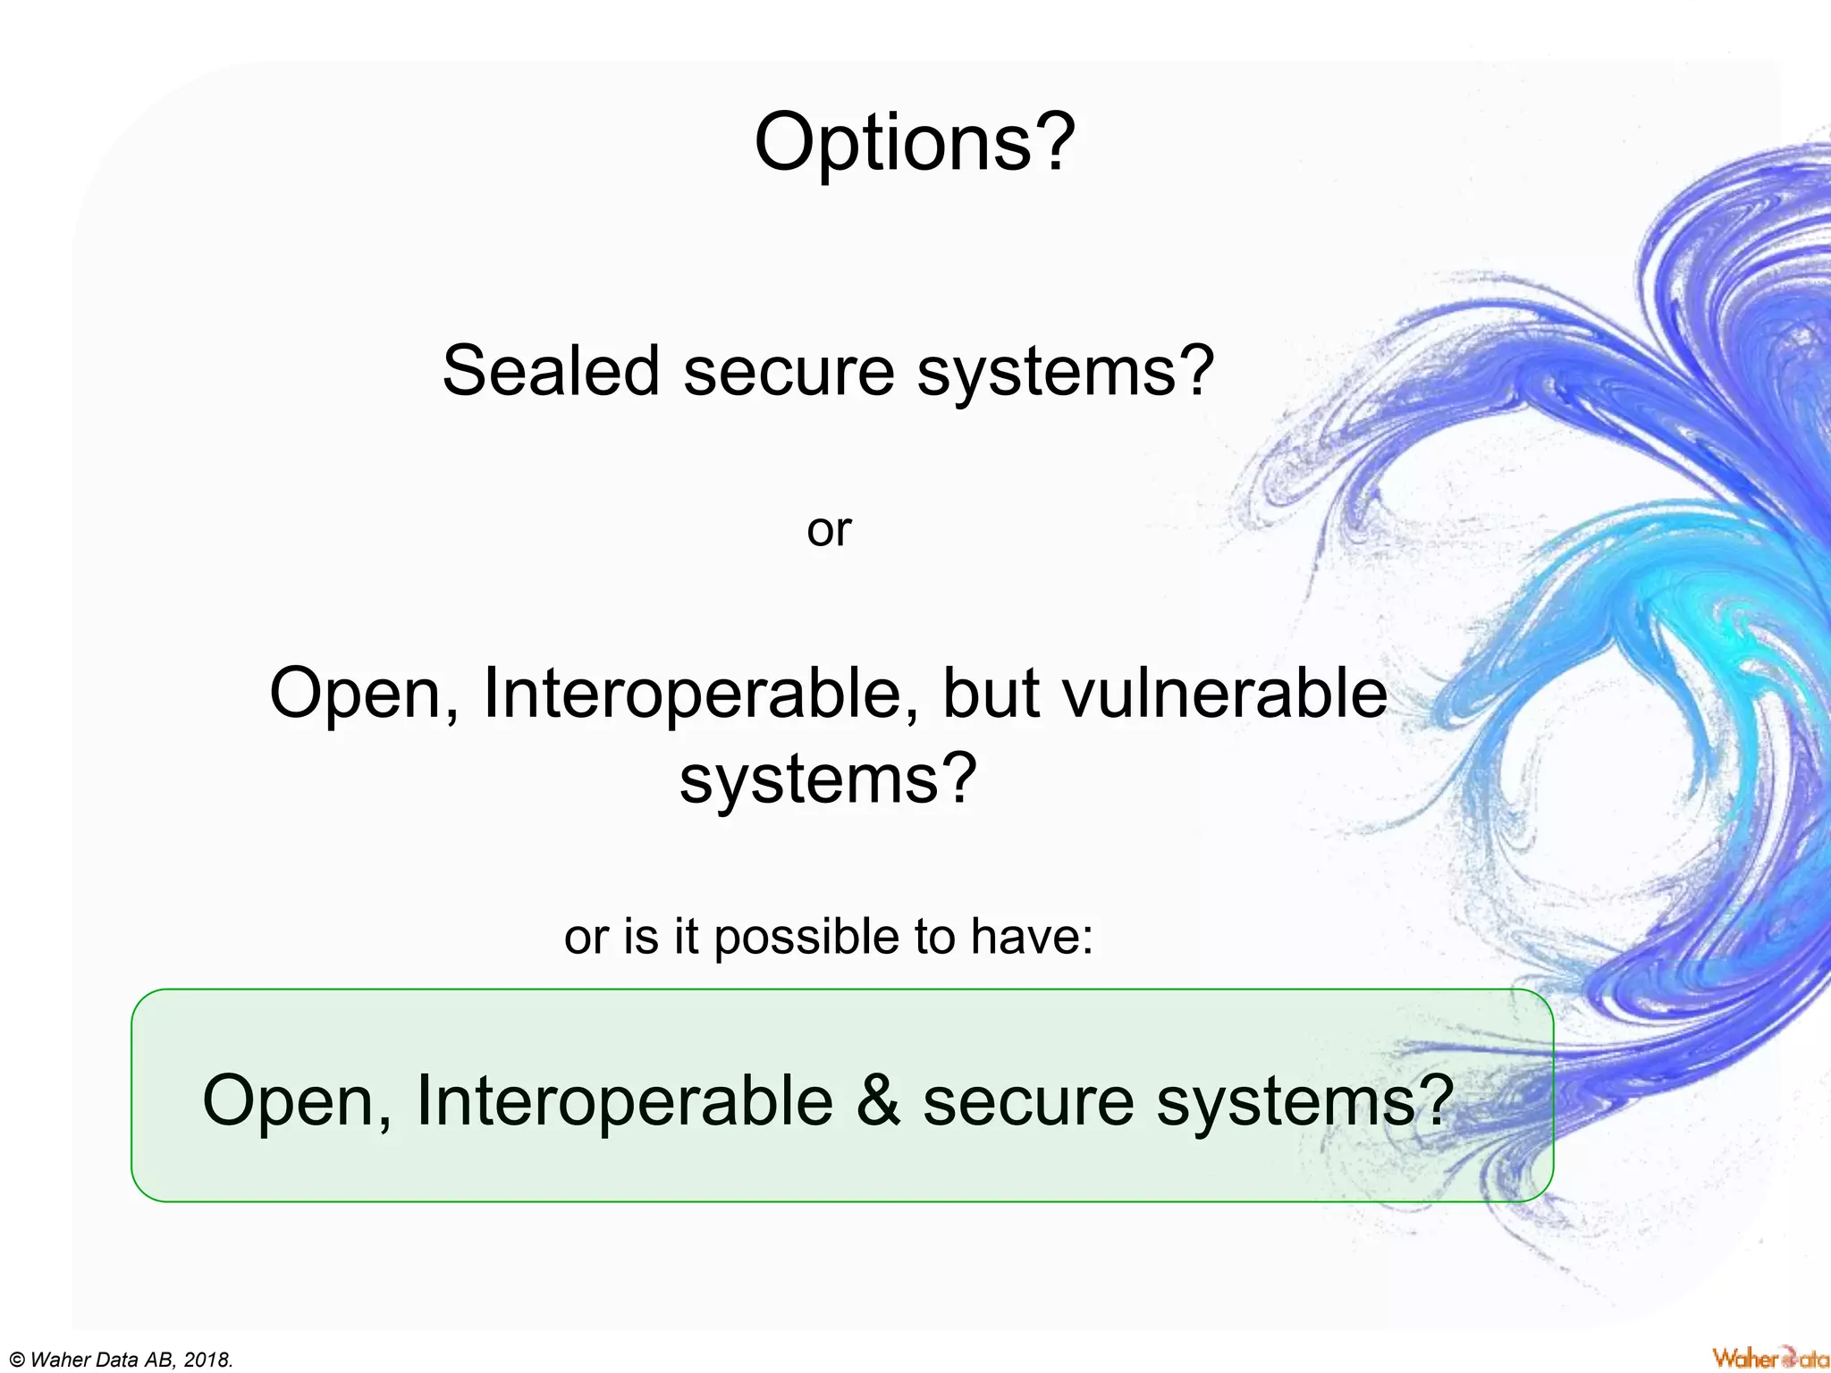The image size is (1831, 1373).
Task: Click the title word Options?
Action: pyautogui.click(x=915, y=143)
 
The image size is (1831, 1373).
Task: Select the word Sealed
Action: pyautogui.click(x=551, y=371)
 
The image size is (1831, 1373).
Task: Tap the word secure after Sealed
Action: pyautogui.click(x=789, y=371)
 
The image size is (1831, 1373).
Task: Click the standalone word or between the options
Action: pyautogui.click(x=829, y=530)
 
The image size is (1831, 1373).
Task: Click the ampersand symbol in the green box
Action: pyautogui.click(x=878, y=1100)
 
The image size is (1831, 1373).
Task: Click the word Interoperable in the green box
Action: pyautogui.click(x=624, y=1100)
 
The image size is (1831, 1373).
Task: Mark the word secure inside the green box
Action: pyautogui.click(x=1028, y=1100)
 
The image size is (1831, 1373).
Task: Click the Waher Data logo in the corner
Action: pyautogui.click(x=1769, y=1358)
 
